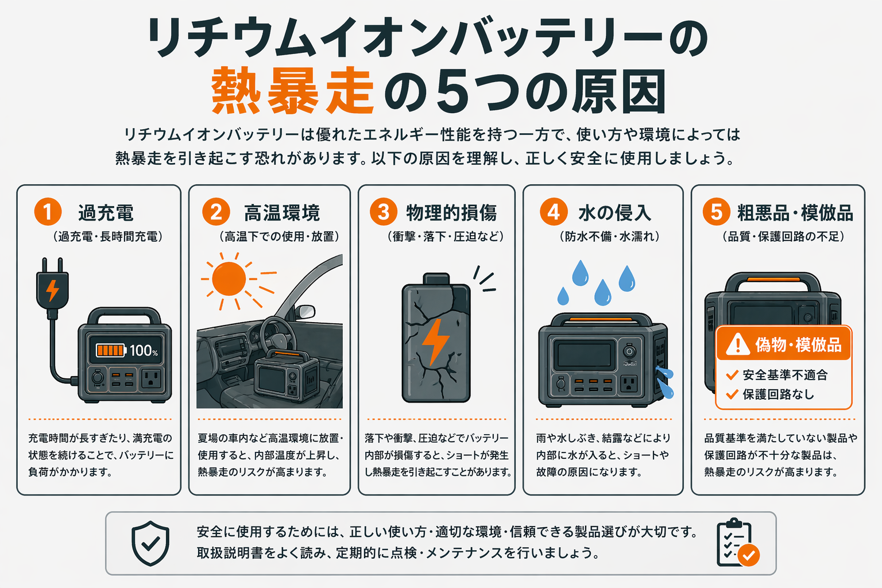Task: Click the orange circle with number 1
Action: click(x=48, y=212)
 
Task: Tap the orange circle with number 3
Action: click(x=383, y=212)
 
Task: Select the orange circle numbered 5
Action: click(x=716, y=212)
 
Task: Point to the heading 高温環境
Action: click(x=282, y=213)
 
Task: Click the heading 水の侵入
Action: click(x=614, y=213)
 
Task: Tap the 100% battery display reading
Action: click(x=144, y=350)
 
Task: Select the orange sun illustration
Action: click(x=229, y=279)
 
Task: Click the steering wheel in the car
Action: click(x=275, y=335)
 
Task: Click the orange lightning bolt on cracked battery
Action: click(x=435, y=342)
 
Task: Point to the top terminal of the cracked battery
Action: click(x=436, y=278)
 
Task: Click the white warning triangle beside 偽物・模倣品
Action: click(x=737, y=345)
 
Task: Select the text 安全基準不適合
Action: click(x=785, y=375)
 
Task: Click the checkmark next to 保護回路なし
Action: click(x=732, y=394)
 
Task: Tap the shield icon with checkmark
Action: click(x=150, y=543)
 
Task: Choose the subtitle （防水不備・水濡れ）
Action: click(x=609, y=237)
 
